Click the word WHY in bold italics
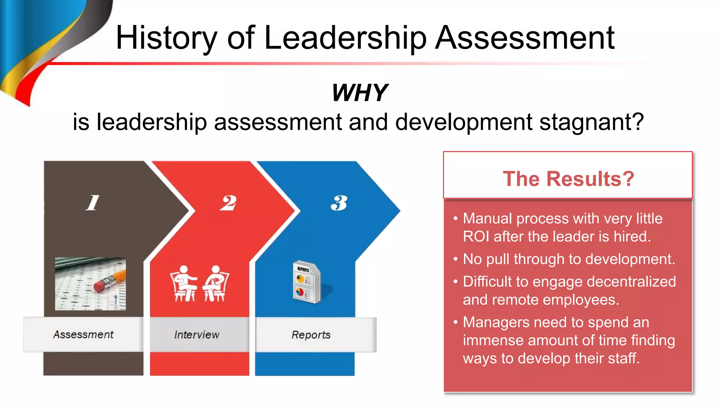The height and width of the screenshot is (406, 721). coord(359,93)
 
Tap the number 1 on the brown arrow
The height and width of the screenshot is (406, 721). coord(93,203)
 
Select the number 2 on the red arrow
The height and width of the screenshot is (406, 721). coord(228,203)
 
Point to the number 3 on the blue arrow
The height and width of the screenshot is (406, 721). coord(339,203)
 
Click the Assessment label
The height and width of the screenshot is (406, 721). coord(83,334)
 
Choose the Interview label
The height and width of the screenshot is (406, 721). coord(197,335)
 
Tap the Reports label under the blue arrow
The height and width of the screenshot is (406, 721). coord(311,335)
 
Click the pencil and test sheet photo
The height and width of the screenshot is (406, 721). coord(90,284)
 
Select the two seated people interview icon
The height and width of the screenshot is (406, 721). coord(199,284)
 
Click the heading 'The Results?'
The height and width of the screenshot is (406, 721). coord(568,179)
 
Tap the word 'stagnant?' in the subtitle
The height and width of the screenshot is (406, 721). coord(591,122)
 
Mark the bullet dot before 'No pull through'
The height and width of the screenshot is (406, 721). coord(456,259)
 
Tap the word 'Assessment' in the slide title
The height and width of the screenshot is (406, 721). coord(525,38)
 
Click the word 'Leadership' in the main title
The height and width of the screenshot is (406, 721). coord(345,38)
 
